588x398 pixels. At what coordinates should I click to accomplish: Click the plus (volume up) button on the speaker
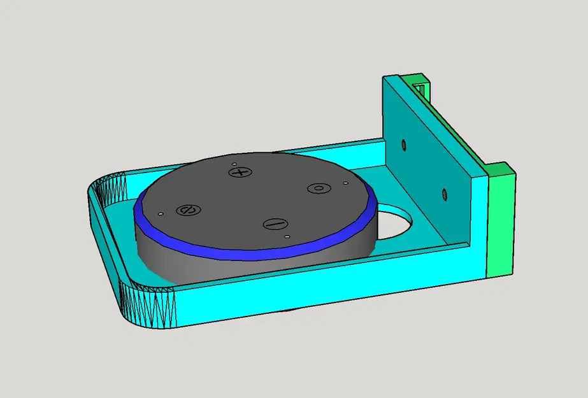point(240,173)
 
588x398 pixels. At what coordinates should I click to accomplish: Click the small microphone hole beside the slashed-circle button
point(162,213)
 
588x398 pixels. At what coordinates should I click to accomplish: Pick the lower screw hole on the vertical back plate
point(443,194)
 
